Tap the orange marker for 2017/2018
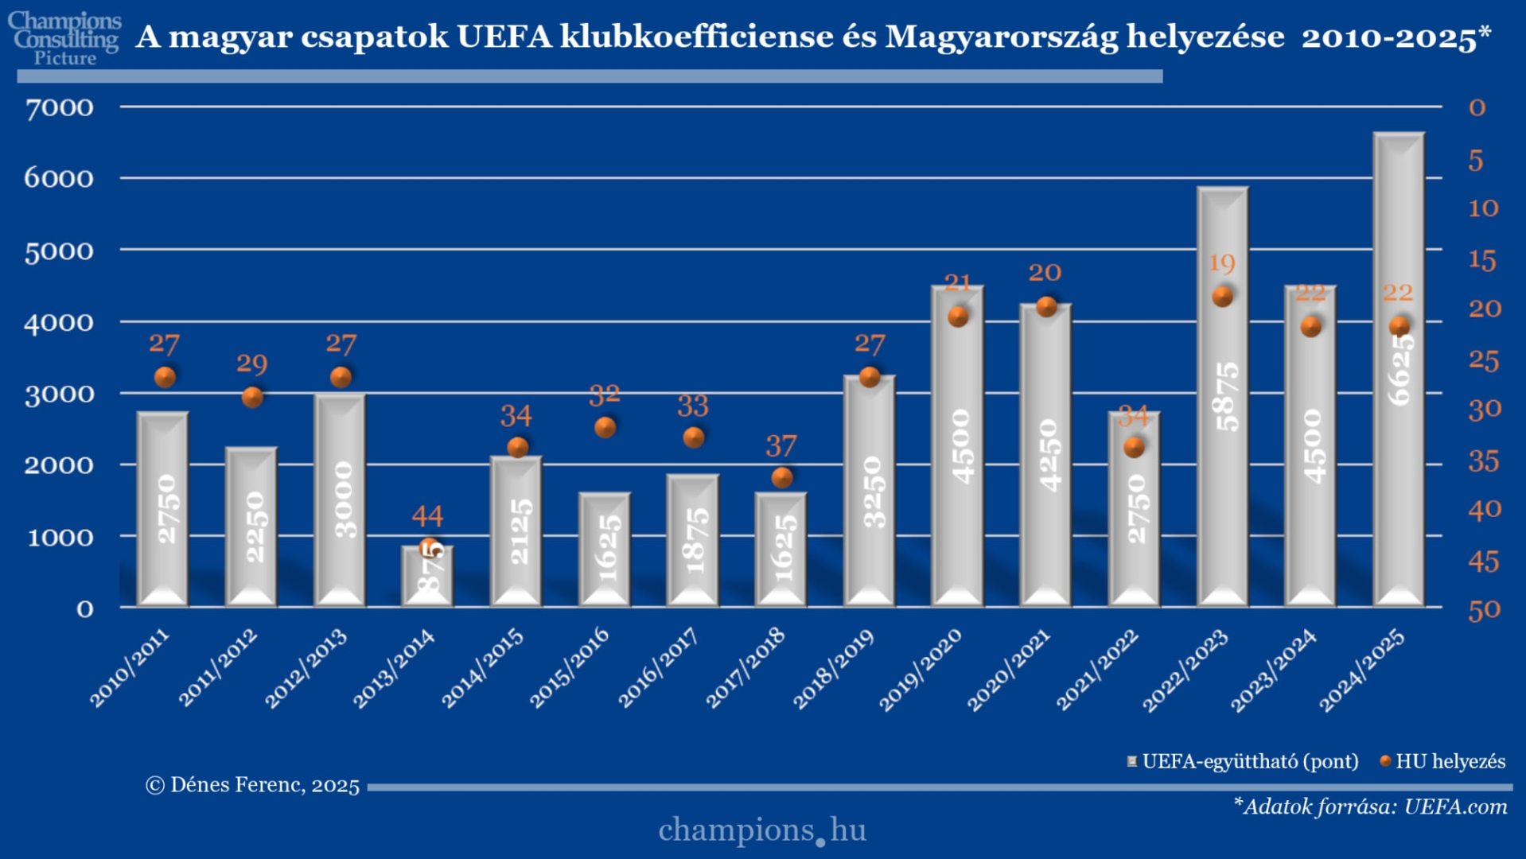pyautogui.click(x=782, y=477)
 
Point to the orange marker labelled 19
pyautogui.click(x=1223, y=297)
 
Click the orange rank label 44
pyautogui.click(x=427, y=516)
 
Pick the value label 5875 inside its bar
pyautogui.click(x=1226, y=396)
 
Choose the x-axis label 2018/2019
pyautogui.click(x=834, y=669)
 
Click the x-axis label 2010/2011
pyautogui.click(x=129, y=668)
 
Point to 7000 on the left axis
pyautogui.click(x=59, y=107)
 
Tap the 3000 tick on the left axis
pyautogui.click(x=59, y=394)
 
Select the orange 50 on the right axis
pyautogui.click(x=1484, y=610)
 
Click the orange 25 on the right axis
pyautogui.click(x=1484, y=360)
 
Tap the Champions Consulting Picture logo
pyautogui.click(x=65, y=38)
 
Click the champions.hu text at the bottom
pyautogui.click(x=762, y=830)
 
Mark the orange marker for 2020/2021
pyautogui.click(x=1046, y=307)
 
